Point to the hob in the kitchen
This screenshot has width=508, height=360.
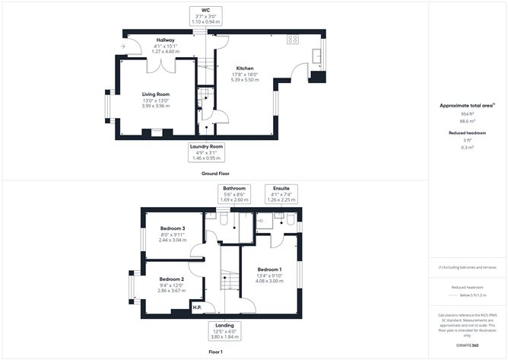[293, 40]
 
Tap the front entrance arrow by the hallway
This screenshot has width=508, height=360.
[123, 47]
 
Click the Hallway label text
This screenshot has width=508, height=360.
[165, 40]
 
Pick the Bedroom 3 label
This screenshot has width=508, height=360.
[172, 228]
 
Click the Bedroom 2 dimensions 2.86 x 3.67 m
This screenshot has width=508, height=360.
[172, 291]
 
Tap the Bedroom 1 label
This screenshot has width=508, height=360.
[269, 269]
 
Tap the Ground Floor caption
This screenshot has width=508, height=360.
[216, 174]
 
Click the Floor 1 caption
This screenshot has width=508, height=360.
[216, 352]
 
